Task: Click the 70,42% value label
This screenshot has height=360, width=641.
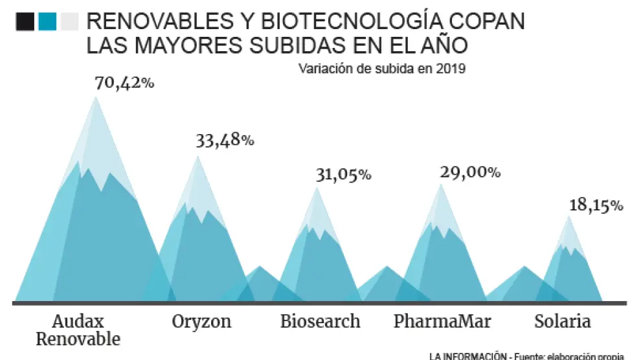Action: (124, 84)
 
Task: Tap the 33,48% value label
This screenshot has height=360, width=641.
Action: (225, 141)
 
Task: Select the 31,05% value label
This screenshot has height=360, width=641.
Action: (343, 174)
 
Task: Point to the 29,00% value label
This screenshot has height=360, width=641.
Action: (470, 172)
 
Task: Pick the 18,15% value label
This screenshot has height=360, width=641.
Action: (596, 206)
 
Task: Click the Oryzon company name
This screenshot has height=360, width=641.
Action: (201, 321)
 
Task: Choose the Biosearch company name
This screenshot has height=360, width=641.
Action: (320, 321)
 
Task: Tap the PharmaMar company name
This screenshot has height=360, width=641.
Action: (442, 321)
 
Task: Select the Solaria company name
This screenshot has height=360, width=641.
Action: (562, 321)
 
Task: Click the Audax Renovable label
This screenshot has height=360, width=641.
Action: (78, 330)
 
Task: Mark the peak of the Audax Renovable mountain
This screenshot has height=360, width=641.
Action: (96, 97)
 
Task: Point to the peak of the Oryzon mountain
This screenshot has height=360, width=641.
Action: (197, 157)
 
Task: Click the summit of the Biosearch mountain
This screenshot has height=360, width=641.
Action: (317, 188)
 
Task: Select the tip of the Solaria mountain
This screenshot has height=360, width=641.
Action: (569, 216)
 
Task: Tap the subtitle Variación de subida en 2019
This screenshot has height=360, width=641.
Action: (382, 68)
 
